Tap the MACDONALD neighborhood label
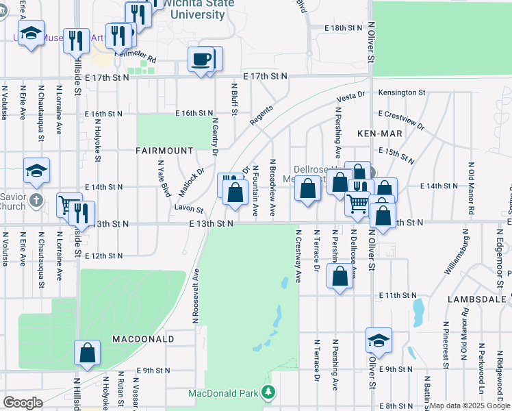pos(143,339)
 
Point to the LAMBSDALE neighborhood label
pos(478,300)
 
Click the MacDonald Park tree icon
pos(270,393)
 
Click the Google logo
pos(23,403)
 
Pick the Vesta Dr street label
pos(351,97)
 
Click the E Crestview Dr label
pos(400,121)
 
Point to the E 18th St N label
pos(345,28)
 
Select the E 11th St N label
pos(398,295)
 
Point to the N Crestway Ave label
pos(298,256)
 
